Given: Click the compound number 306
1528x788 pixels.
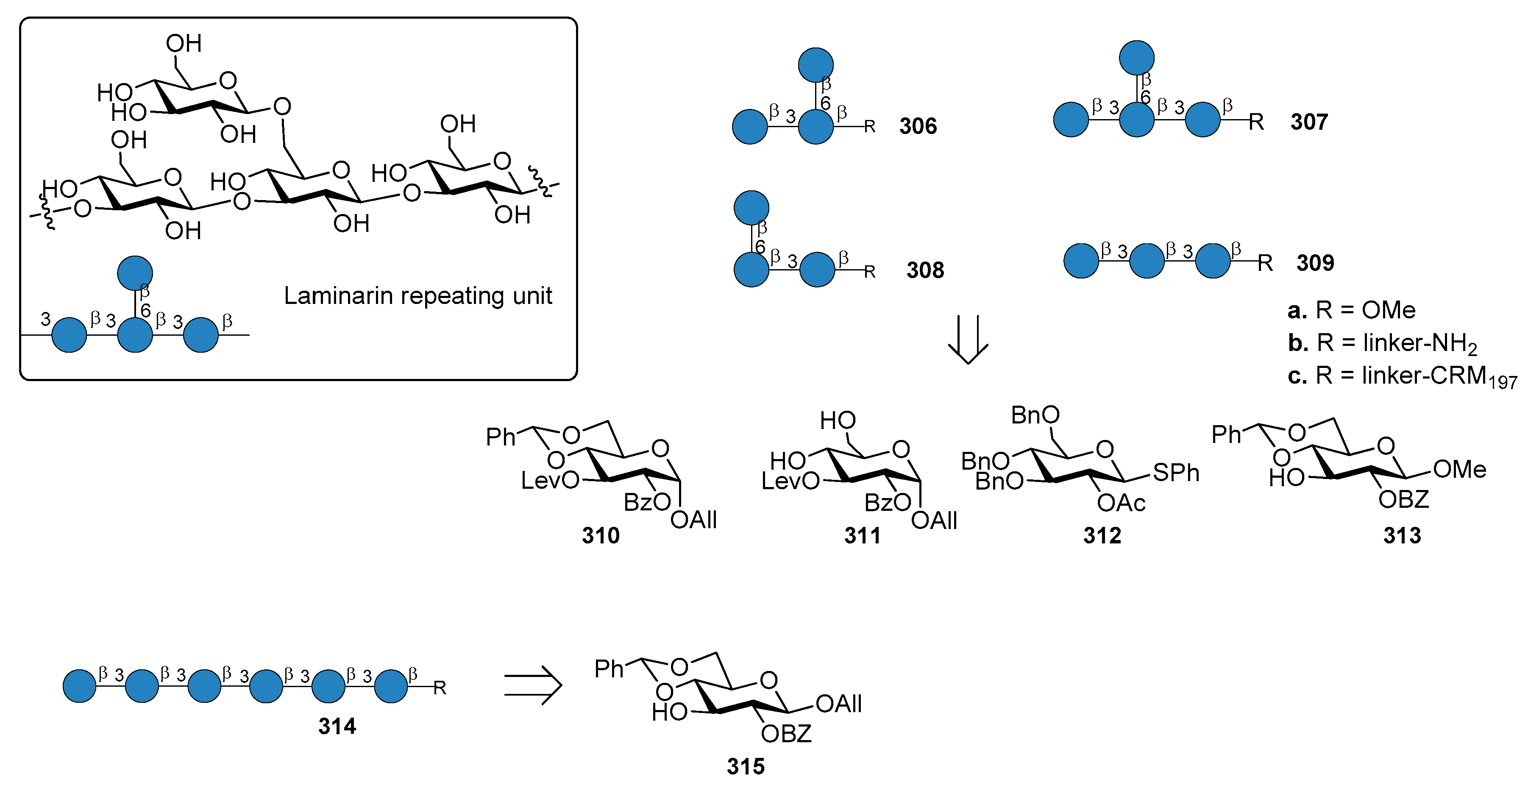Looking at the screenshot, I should [917, 126].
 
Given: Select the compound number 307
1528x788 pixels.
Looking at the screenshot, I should [1308, 122].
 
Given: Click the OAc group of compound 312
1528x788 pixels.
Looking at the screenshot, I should [1121, 503].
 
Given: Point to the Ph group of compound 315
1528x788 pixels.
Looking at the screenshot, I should [609, 669].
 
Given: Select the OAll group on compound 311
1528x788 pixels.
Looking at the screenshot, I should [934, 521].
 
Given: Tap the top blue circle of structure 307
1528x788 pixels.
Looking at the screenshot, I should [1136, 58].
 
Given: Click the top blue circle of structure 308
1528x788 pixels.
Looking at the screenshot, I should [751, 208].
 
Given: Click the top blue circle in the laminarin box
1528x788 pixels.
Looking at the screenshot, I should [135, 273].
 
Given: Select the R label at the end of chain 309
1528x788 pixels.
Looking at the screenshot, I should [1265, 263].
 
